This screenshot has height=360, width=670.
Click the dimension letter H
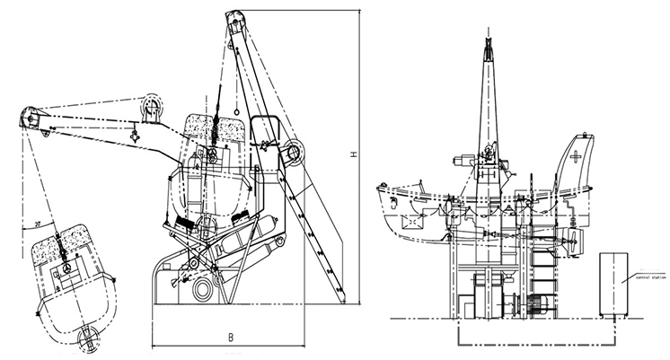[x=356, y=155]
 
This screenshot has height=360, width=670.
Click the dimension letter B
[x=230, y=338]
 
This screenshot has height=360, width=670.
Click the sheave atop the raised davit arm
[x=231, y=20]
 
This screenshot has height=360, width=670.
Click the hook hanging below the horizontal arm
[x=132, y=136]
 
